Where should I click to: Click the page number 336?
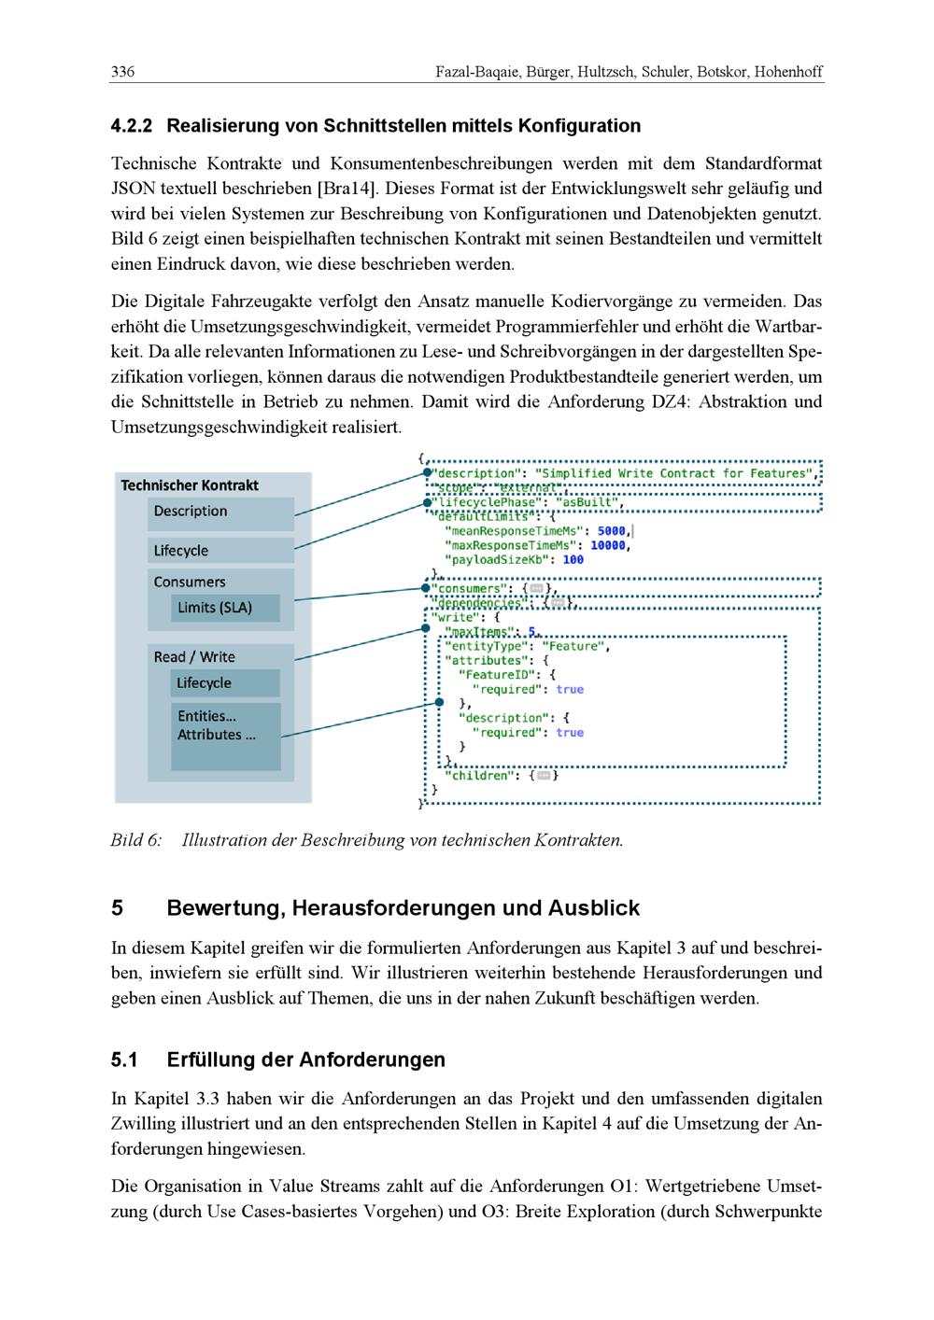123,72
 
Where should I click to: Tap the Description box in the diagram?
220,513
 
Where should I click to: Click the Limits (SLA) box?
215,609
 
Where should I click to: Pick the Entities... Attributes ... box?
226,735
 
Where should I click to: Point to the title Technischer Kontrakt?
190,485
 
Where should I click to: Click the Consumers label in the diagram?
190,583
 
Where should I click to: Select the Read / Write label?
194,657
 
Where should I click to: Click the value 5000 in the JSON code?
612,531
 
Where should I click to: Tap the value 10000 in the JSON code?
608,545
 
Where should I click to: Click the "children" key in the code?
480,776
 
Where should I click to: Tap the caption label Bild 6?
136,840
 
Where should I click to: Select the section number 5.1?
125,1060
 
